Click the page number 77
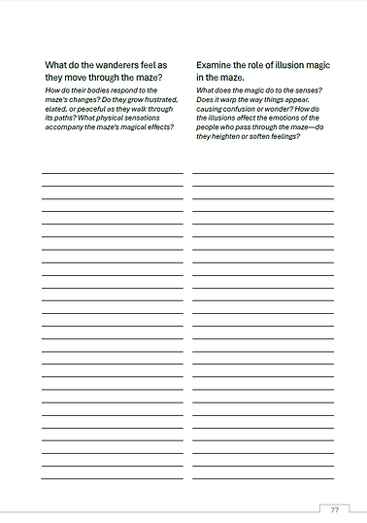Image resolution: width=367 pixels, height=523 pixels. [x=334, y=510]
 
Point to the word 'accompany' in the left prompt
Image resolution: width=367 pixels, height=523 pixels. [x=69, y=127]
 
